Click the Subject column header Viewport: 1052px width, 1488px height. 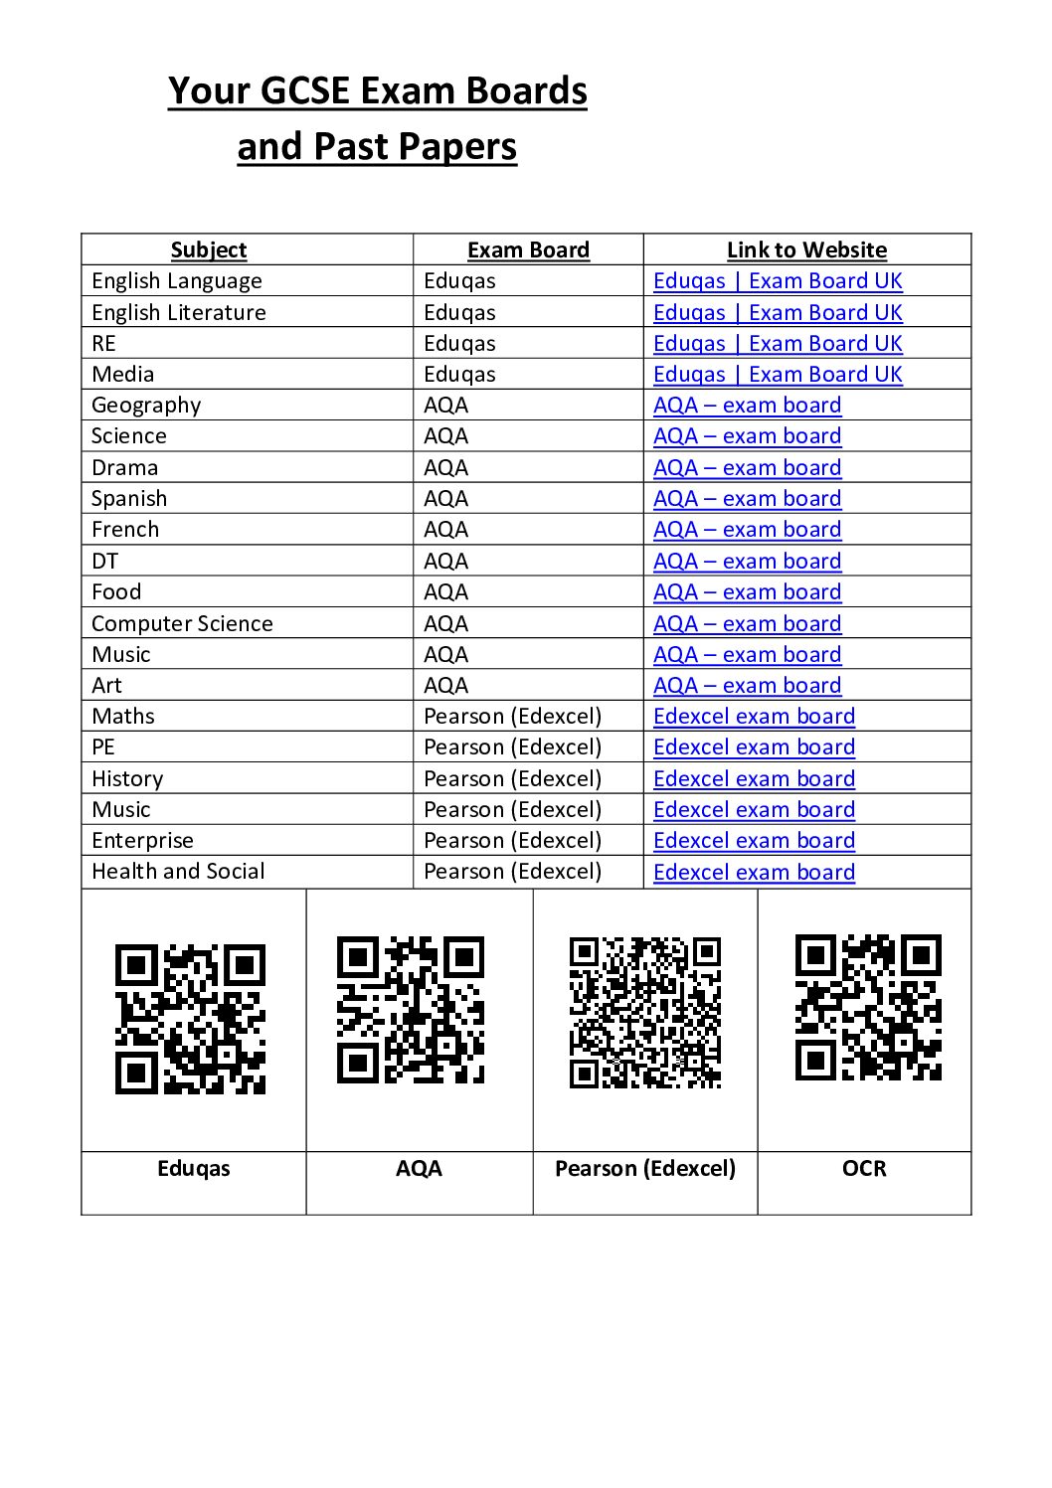pos(209,249)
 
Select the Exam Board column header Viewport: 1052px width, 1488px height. pos(528,249)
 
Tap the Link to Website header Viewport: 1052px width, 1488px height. pos(806,249)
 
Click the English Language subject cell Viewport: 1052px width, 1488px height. pos(177,281)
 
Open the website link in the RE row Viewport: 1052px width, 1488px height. pos(778,344)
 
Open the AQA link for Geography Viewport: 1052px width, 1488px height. pos(747,406)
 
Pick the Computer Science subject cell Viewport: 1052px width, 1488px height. pos(182,623)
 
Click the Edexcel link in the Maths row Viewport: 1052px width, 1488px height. pos(754,717)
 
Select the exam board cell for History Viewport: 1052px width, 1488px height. pos(512,778)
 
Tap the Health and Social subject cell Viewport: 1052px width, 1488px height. pos(178,872)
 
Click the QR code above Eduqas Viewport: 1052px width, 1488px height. pos(190,1019)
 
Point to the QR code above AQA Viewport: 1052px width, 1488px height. pos(411,1010)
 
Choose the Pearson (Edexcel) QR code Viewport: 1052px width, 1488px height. pos(645,1012)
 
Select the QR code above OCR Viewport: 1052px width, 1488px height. pos(868,1007)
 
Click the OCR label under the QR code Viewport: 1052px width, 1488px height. pos(864,1169)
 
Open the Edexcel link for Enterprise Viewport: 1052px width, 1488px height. pos(754,841)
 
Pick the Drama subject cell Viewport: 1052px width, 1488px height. pos(124,468)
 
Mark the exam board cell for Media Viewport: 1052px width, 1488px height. pos(459,375)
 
